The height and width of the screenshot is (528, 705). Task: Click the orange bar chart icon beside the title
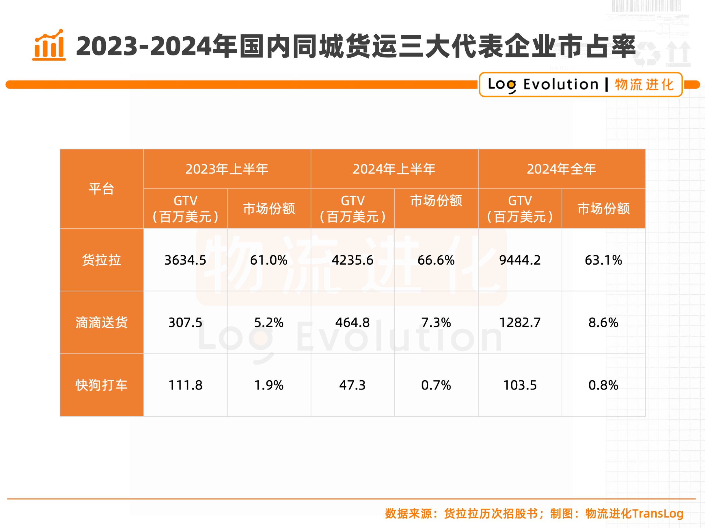[x=49, y=45]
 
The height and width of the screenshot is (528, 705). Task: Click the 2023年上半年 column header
[x=227, y=169]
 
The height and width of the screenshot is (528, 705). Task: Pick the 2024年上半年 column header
[x=394, y=169]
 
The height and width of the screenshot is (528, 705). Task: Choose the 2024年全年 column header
[x=562, y=169]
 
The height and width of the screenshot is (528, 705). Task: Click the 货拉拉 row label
[x=101, y=260]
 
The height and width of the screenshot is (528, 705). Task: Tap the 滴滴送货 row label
[x=101, y=322]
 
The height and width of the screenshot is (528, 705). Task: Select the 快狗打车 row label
[x=101, y=385]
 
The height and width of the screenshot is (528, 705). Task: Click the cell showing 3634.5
[x=185, y=260]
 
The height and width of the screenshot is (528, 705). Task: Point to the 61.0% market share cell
[x=269, y=260]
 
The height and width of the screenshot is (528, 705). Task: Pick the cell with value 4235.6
[x=352, y=260]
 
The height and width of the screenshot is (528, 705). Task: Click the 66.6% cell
[x=436, y=260]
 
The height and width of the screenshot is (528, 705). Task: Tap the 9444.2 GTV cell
[x=520, y=260]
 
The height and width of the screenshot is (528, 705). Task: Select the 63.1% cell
[x=603, y=260]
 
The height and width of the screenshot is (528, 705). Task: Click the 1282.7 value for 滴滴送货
[x=520, y=322]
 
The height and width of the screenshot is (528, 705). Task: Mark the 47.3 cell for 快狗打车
[x=352, y=385]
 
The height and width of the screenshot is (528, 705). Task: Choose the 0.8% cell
[x=603, y=385]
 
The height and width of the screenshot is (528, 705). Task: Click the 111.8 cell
[x=185, y=385]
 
